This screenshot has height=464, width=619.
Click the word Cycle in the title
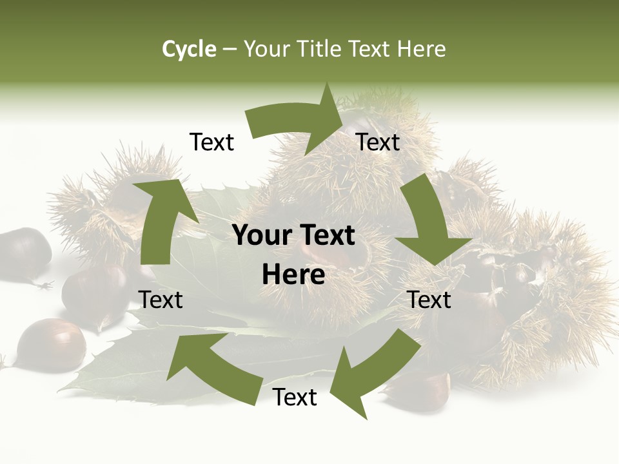(x=189, y=49)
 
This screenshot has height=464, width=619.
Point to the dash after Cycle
(x=230, y=50)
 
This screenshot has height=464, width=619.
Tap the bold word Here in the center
(x=293, y=275)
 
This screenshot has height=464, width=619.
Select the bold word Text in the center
(x=325, y=236)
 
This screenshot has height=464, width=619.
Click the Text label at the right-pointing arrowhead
(x=378, y=142)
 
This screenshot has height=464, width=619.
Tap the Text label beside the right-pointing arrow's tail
(x=211, y=142)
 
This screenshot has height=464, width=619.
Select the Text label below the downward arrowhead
(x=429, y=300)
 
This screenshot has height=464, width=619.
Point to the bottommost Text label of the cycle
(x=295, y=397)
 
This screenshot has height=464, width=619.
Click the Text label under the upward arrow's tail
(x=161, y=300)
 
